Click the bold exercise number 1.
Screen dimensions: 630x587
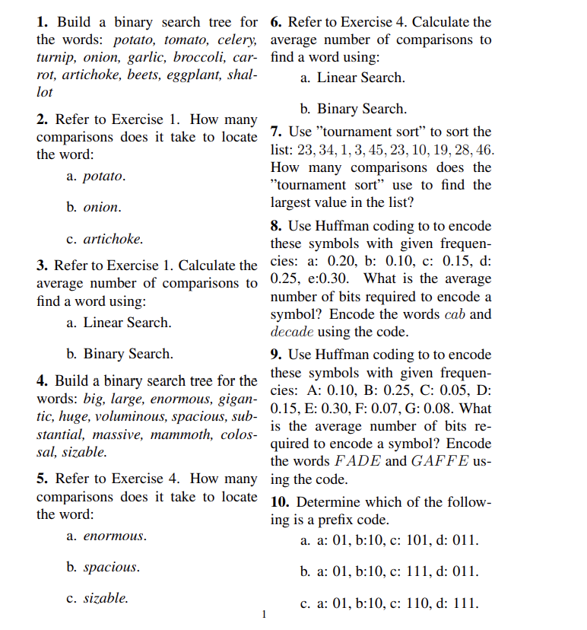coord(42,22)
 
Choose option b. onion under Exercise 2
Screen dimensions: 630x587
coord(93,207)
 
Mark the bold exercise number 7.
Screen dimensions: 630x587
coord(276,132)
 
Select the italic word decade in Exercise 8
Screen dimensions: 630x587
coord(293,332)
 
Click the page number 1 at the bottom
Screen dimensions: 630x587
coord(264,615)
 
